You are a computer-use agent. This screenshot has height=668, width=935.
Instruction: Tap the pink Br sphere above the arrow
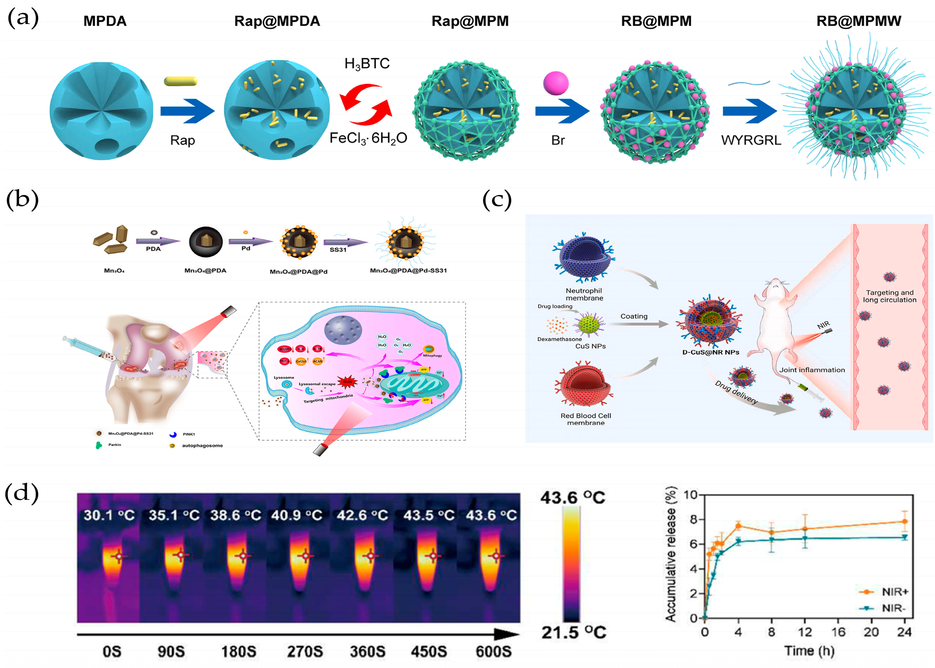[556, 83]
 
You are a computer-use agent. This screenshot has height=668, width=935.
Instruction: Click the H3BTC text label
[367, 64]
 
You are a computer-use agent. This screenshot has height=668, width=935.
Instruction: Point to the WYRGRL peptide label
[751, 140]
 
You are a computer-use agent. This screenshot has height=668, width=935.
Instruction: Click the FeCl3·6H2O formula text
[368, 138]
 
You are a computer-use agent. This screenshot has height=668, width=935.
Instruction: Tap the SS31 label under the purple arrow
[338, 250]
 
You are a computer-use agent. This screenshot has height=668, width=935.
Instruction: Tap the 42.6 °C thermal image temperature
[362, 515]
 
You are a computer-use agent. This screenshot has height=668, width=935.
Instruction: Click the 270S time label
[305, 651]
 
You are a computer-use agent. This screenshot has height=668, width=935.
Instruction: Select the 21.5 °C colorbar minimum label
[574, 632]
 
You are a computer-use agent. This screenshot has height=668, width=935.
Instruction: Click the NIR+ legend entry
[894, 591]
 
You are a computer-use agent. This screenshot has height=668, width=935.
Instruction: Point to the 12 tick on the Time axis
[805, 632]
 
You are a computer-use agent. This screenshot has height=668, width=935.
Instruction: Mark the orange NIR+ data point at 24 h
[904, 522]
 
